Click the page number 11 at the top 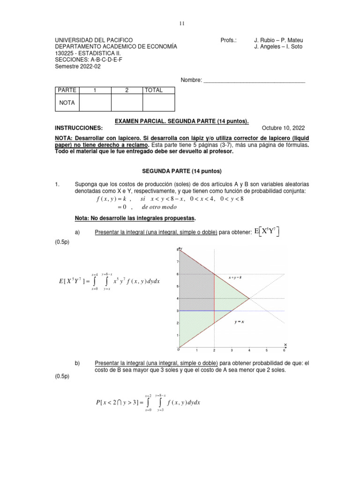coord(180,23)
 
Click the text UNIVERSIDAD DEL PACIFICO coord(94,40)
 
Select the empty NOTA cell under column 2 coord(127,103)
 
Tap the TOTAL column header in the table coord(154,90)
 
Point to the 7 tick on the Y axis coord(177,262)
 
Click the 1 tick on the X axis coord(197,351)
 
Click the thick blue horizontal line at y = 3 coord(206,311)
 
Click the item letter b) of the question coord(78,363)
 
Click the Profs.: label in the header coord(229,40)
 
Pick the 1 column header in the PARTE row coord(95,90)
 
